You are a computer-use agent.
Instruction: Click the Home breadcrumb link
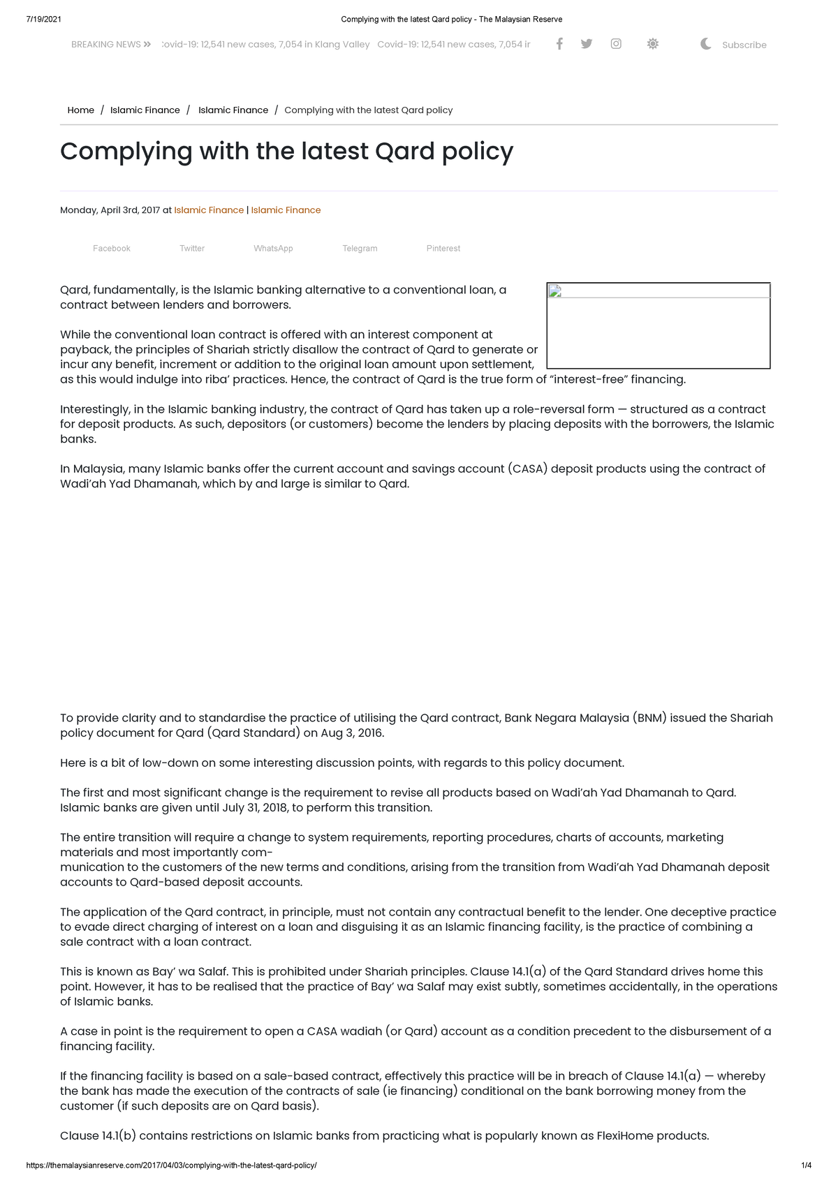pyautogui.click(x=80, y=110)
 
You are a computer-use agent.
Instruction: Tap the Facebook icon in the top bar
pyautogui.click(x=559, y=44)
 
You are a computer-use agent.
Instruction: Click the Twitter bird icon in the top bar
pyautogui.click(x=587, y=44)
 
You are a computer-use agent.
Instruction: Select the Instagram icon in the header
pyautogui.click(x=616, y=44)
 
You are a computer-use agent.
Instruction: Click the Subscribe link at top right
pyautogui.click(x=744, y=45)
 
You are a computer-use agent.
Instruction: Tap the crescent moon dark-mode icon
pyautogui.click(x=706, y=44)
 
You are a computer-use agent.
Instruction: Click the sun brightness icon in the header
pyautogui.click(x=652, y=44)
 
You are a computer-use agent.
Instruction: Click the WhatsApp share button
pyautogui.click(x=273, y=249)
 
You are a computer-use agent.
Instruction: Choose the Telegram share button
pyautogui.click(x=360, y=249)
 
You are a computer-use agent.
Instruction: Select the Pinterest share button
pyautogui.click(x=443, y=249)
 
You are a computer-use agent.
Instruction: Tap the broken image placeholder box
pyautogui.click(x=658, y=325)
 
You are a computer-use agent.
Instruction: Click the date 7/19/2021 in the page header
pyautogui.click(x=43, y=19)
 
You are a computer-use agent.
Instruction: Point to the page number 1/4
pyautogui.click(x=806, y=1165)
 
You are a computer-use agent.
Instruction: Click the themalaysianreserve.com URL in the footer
pyautogui.click(x=171, y=1165)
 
